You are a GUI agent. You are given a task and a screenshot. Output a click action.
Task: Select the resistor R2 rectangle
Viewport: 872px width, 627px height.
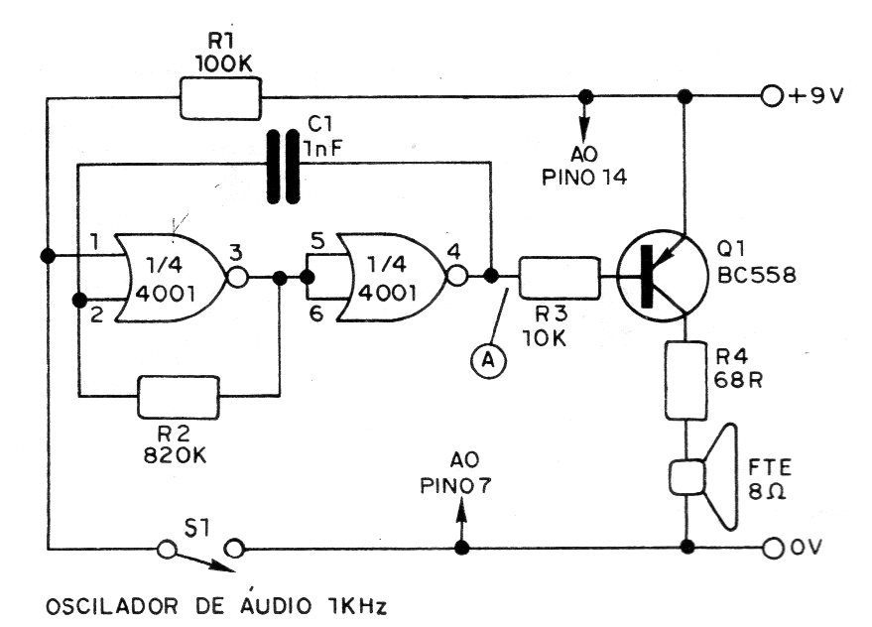click(x=179, y=398)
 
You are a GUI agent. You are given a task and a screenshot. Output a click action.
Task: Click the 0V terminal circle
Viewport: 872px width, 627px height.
click(x=772, y=547)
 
